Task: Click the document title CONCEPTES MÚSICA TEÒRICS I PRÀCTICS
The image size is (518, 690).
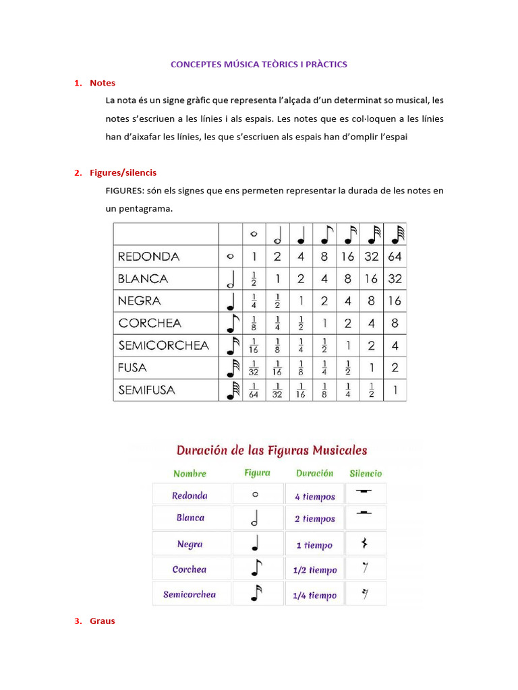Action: click(x=259, y=65)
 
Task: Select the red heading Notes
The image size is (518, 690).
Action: click(x=103, y=83)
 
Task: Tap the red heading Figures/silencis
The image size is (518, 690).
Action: click(x=123, y=173)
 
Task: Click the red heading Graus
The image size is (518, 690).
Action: click(x=103, y=621)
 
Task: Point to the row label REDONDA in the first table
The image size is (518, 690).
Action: click(x=148, y=257)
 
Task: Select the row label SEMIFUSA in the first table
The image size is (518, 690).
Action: click(x=146, y=390)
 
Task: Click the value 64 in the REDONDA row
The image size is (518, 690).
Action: click(x=395, y=257)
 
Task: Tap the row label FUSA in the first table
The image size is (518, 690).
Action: click(x=132, y=368)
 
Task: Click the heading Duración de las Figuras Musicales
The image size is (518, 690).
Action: click(x=272, y=450)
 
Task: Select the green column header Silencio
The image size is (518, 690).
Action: click(x=366, y=474)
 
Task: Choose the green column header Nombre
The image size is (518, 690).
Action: click(x=190, y=474)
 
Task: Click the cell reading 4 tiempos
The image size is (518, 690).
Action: click(x=314, y=497)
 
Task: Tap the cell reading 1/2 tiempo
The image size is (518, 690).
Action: click(x=314, y=570)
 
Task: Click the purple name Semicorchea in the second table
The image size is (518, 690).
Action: click(x=190, y=595)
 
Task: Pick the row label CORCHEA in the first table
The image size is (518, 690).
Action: click(x=150, y=323)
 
